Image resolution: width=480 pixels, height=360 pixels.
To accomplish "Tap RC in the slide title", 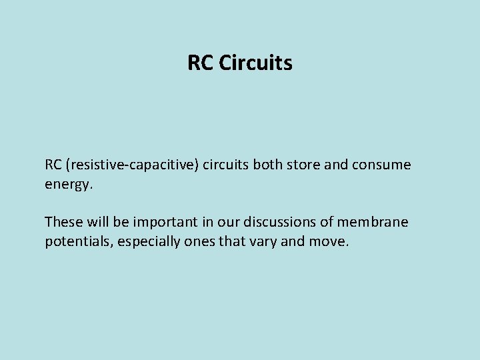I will (200, 63).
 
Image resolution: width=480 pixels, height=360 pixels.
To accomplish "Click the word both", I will (269, 165).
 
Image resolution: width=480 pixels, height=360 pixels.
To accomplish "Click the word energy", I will (69, 184).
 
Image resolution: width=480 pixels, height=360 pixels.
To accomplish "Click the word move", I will (328, 241).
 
